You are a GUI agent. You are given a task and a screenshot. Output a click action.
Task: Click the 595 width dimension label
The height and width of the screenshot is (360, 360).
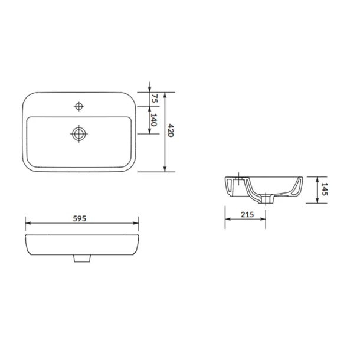pos(80,218)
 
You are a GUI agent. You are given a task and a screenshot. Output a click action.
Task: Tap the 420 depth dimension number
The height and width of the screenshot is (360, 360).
pos(171,130)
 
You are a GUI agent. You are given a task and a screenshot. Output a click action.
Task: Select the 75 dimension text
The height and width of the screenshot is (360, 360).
pos(155,99)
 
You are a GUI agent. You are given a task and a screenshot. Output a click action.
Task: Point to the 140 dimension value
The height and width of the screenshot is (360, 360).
pos(153,120)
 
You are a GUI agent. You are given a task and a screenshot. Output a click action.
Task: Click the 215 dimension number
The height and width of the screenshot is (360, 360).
pos(247,215)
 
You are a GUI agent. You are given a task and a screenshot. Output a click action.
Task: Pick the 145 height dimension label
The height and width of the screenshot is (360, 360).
pos(325,189)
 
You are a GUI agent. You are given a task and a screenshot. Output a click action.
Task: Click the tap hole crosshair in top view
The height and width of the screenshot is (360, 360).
pos(79,106)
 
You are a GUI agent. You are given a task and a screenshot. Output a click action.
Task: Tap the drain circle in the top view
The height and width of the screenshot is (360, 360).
pos(79,134)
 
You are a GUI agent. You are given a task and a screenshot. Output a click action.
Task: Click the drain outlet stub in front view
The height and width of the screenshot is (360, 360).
pos(82,258)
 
